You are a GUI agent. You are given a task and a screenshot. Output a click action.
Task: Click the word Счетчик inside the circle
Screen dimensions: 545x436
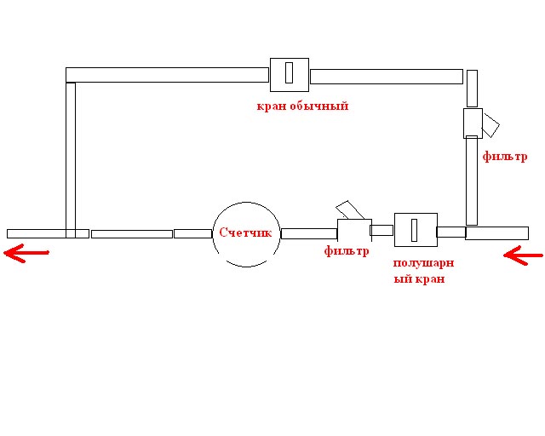pos(245,232)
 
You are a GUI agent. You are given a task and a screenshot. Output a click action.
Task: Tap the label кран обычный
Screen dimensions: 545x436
pos(302,106)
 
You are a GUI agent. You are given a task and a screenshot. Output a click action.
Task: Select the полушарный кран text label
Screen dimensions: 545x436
pos(423,271)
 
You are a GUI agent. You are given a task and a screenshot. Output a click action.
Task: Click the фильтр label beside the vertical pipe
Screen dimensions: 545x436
pos(505,157)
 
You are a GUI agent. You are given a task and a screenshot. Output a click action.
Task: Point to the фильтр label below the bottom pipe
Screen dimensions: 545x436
pos(347,250)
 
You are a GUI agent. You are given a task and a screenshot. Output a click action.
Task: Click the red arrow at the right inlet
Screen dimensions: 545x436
pos(523,255)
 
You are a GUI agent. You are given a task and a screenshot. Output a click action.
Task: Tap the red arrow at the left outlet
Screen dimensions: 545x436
pos(26,253)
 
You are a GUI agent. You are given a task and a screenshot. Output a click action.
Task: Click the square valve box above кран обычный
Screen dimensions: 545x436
pos(290,75)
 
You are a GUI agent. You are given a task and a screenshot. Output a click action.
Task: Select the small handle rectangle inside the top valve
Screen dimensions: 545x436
pos(289,72)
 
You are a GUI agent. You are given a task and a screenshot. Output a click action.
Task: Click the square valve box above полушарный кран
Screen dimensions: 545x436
pos(416,230)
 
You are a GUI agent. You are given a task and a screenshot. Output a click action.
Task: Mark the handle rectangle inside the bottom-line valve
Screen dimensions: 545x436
pos(414,230)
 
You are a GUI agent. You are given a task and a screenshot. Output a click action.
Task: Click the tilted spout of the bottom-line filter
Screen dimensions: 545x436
pos(350,210)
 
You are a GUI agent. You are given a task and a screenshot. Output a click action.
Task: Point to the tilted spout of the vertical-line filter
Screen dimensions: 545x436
pos(490,125)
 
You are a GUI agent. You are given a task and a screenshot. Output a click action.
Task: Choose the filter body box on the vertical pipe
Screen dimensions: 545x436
pos(473,123)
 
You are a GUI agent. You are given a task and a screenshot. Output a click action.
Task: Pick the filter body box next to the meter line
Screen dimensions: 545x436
pos(354,229)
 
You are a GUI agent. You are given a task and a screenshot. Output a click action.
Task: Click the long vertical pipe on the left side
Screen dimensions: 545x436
pos(71,160)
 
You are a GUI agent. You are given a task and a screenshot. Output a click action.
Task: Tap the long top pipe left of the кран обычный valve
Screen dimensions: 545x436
pos(167,75)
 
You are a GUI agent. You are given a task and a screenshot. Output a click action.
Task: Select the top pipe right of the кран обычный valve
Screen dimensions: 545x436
pos(387,77)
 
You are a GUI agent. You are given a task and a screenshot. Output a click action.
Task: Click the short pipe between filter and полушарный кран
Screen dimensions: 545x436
pos(381,230)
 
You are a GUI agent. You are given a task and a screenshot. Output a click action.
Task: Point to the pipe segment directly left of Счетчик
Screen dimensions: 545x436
pos(193,233)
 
